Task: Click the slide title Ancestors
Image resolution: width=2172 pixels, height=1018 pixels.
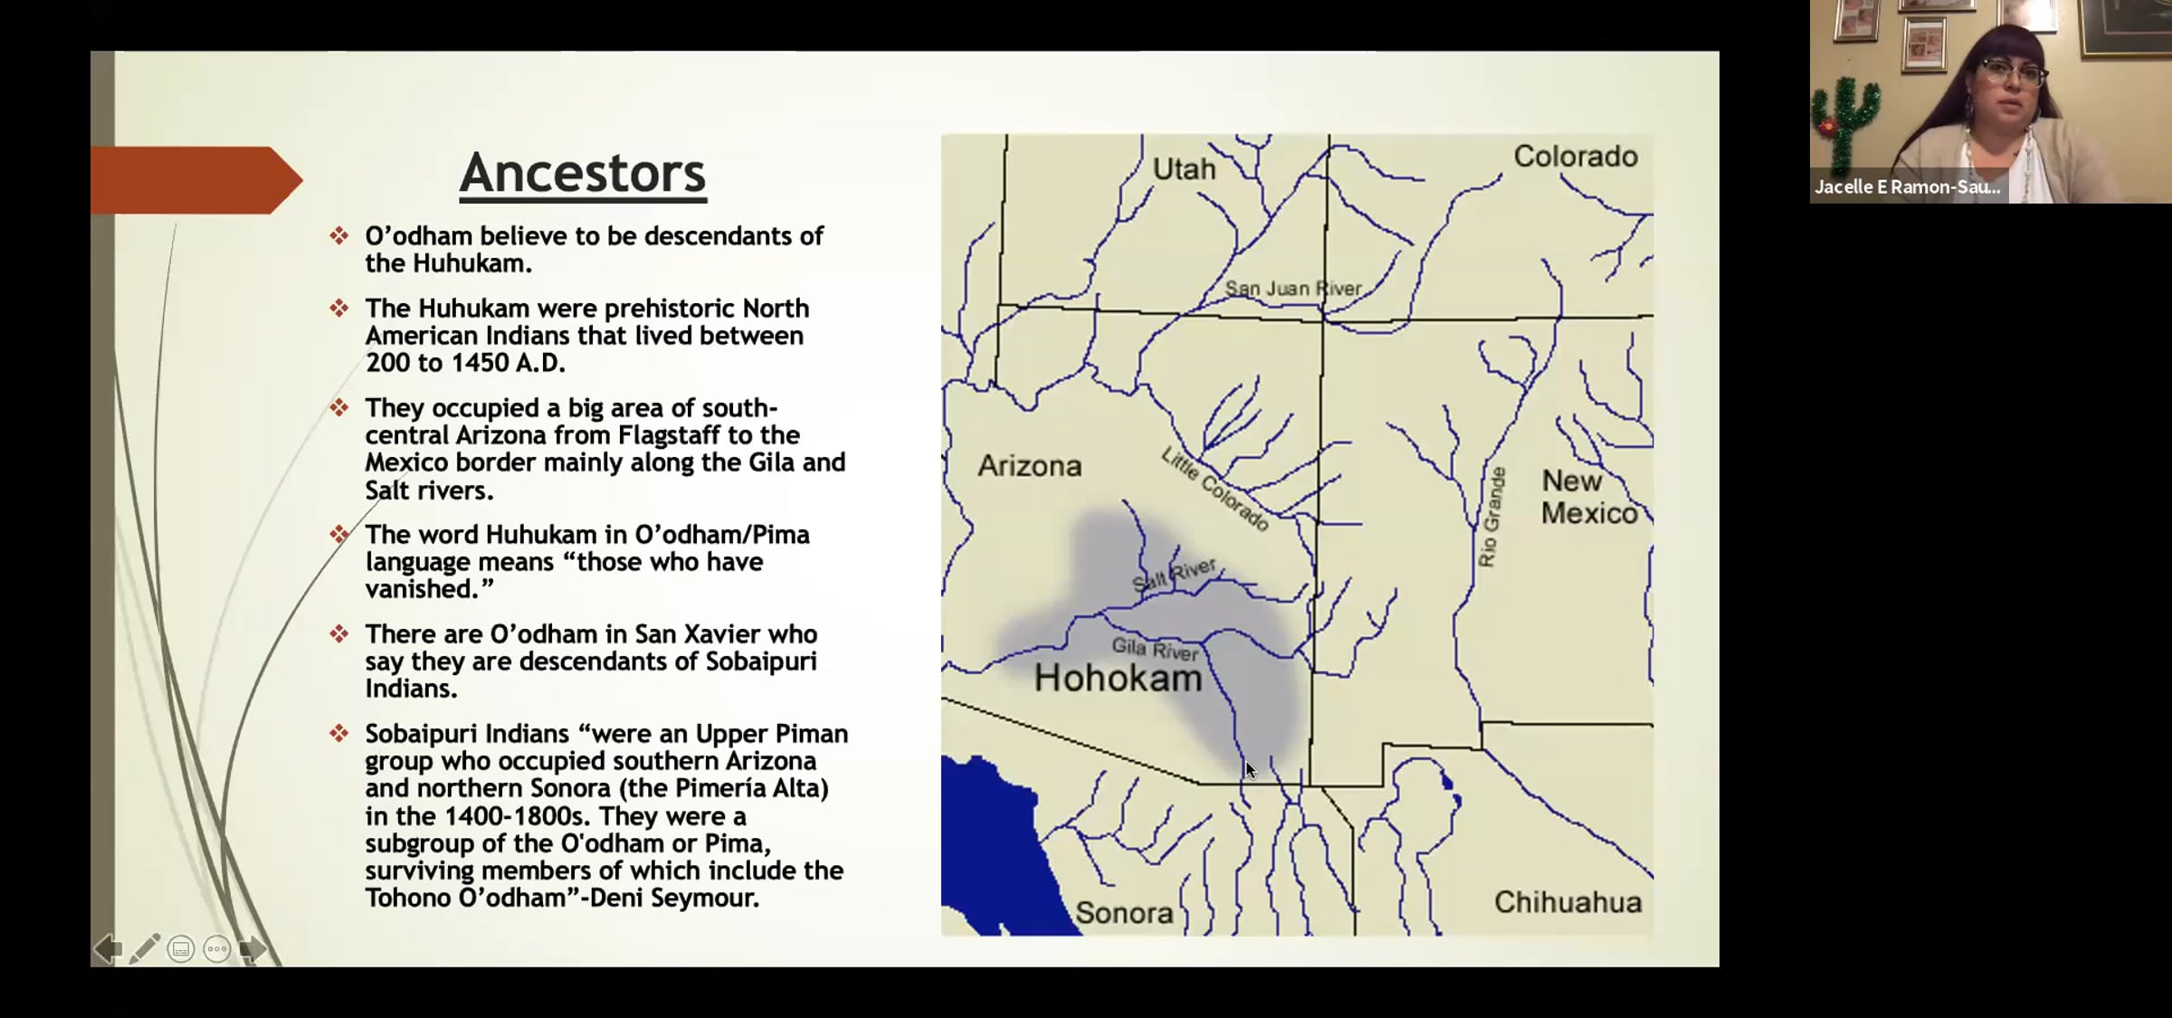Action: coord(583,173)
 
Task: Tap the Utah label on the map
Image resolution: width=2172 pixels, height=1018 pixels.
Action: coord(1184,168)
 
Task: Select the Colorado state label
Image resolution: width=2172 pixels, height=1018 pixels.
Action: coord(1576,156)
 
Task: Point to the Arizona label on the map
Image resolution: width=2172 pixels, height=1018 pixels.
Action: coord(1030,465)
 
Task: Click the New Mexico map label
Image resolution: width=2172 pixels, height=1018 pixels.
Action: coord(1589,497)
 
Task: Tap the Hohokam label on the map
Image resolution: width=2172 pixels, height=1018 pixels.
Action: coord(1118,678)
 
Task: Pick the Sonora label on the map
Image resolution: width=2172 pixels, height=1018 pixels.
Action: coord(1124,912)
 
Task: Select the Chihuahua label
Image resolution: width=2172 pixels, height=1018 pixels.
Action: coord(1567,901)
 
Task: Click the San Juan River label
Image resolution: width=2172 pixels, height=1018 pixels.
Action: coord(1293,288)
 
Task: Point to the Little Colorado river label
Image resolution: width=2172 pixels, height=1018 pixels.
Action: coord(1215,489)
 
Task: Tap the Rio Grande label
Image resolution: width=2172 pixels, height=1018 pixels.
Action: coord(1491,517)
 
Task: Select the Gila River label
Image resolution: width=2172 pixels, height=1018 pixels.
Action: coord(1155,648)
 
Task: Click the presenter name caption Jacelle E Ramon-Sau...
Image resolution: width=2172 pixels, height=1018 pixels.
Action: coord(1907,187)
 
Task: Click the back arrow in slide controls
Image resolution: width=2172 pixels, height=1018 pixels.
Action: coord(108,948)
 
